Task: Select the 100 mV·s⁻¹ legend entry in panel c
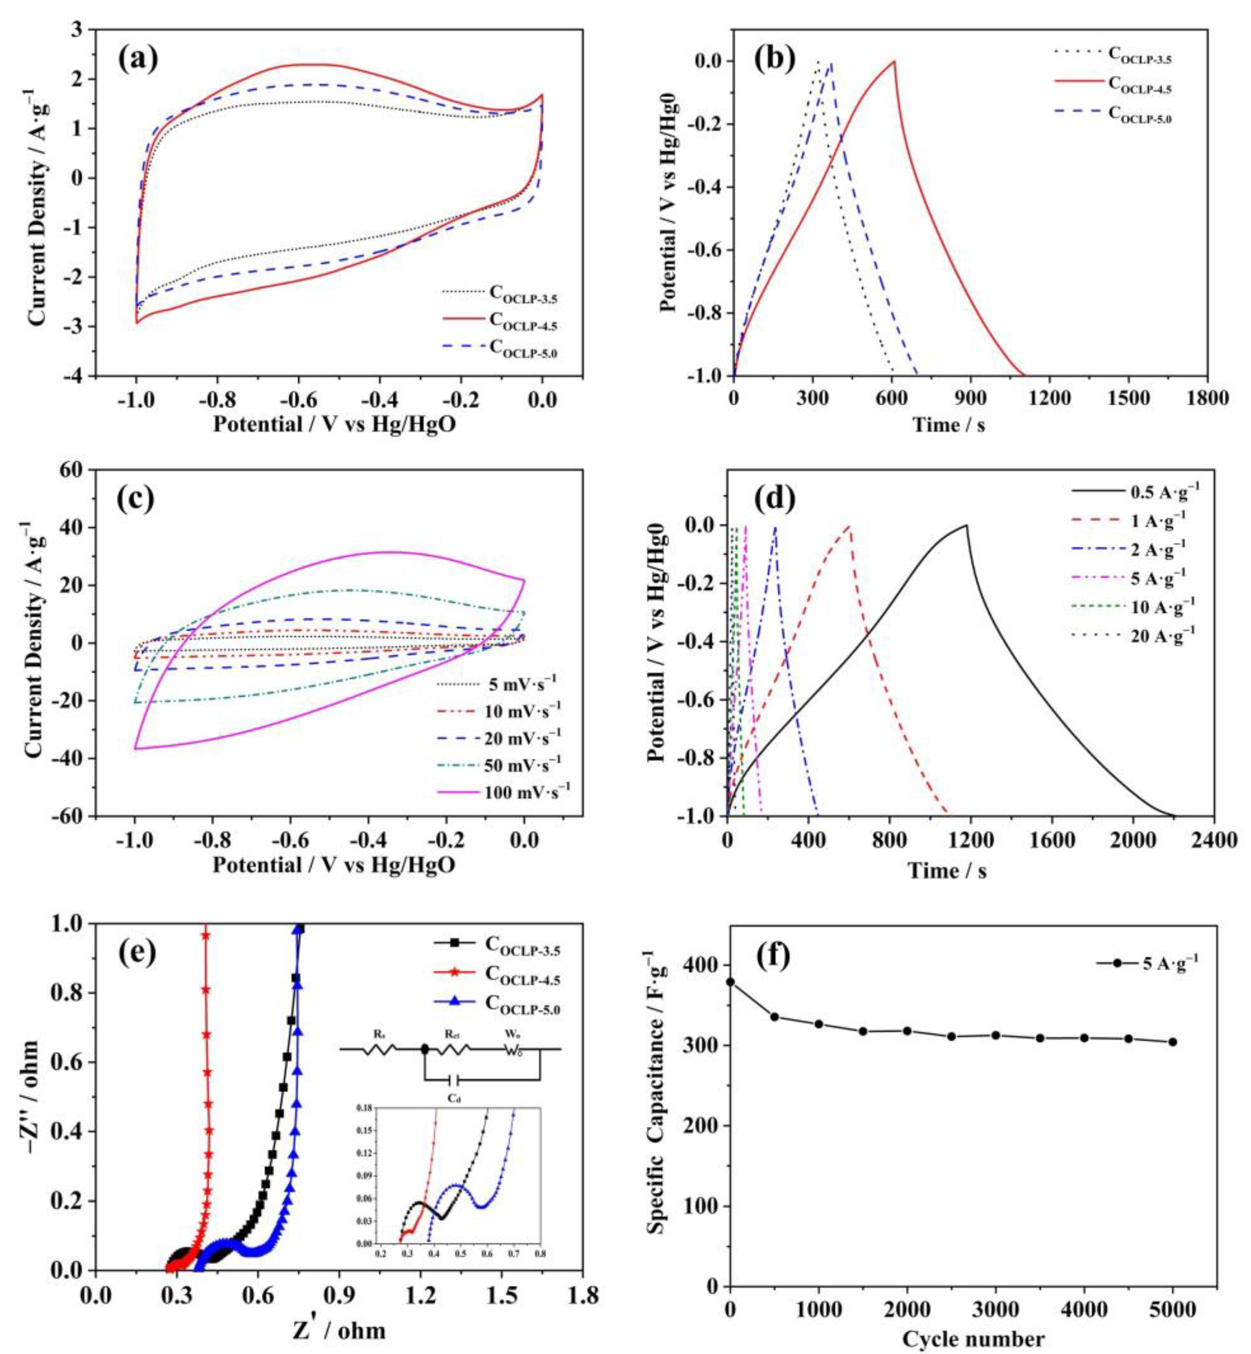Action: tap(521, 790)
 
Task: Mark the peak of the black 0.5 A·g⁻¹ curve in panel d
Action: tap(966, 525)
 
